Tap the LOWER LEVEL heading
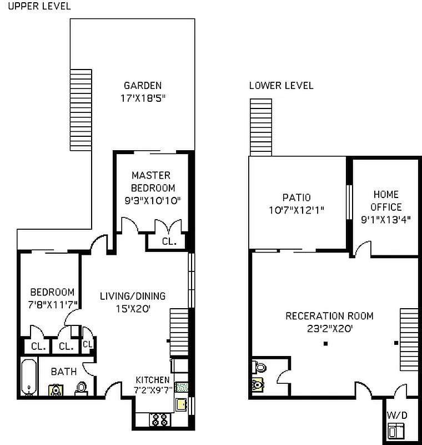click(281, 86)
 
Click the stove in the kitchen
click(160, 419)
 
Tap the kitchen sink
click(182, 404)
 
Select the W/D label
click(396, 415)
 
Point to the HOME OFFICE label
click(386, 200)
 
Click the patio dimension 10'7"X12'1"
click(296, 210)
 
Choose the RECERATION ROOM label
click(329, 316)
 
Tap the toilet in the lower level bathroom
click(259, 367)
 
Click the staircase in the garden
click(81, 109)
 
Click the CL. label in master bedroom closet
click(169, 242)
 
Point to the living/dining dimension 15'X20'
click(133, 308)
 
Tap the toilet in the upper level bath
click(81, 387)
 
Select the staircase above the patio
click(261, 127)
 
